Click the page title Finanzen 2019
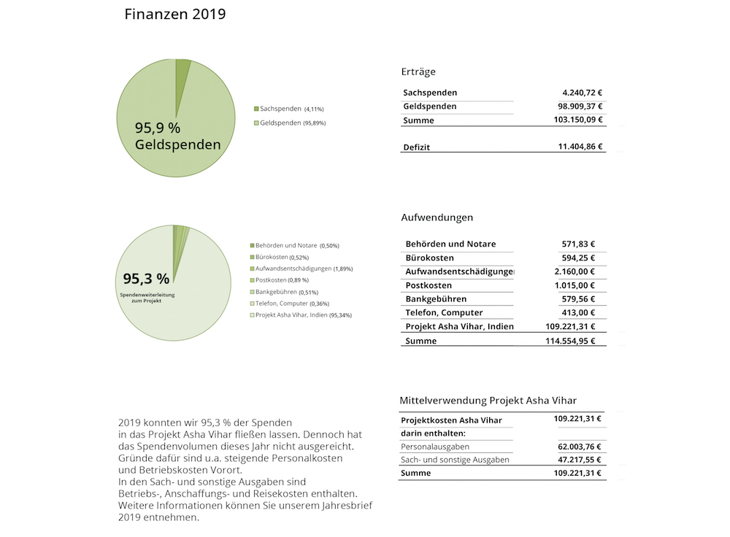click(175, 15)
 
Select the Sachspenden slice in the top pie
click(182, 72)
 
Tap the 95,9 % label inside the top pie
click(157, 128)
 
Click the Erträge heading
click(418, 72)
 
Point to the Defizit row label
click(417, 147)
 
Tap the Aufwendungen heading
click(437, 217)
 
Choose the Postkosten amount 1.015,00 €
click(572, 285)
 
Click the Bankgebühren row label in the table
click(436, 299)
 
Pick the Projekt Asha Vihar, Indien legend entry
click(299, 315)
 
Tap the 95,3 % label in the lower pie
click(146, 278)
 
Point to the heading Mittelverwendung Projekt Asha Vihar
click(488, 401)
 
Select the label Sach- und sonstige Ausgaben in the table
click(455, 460)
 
